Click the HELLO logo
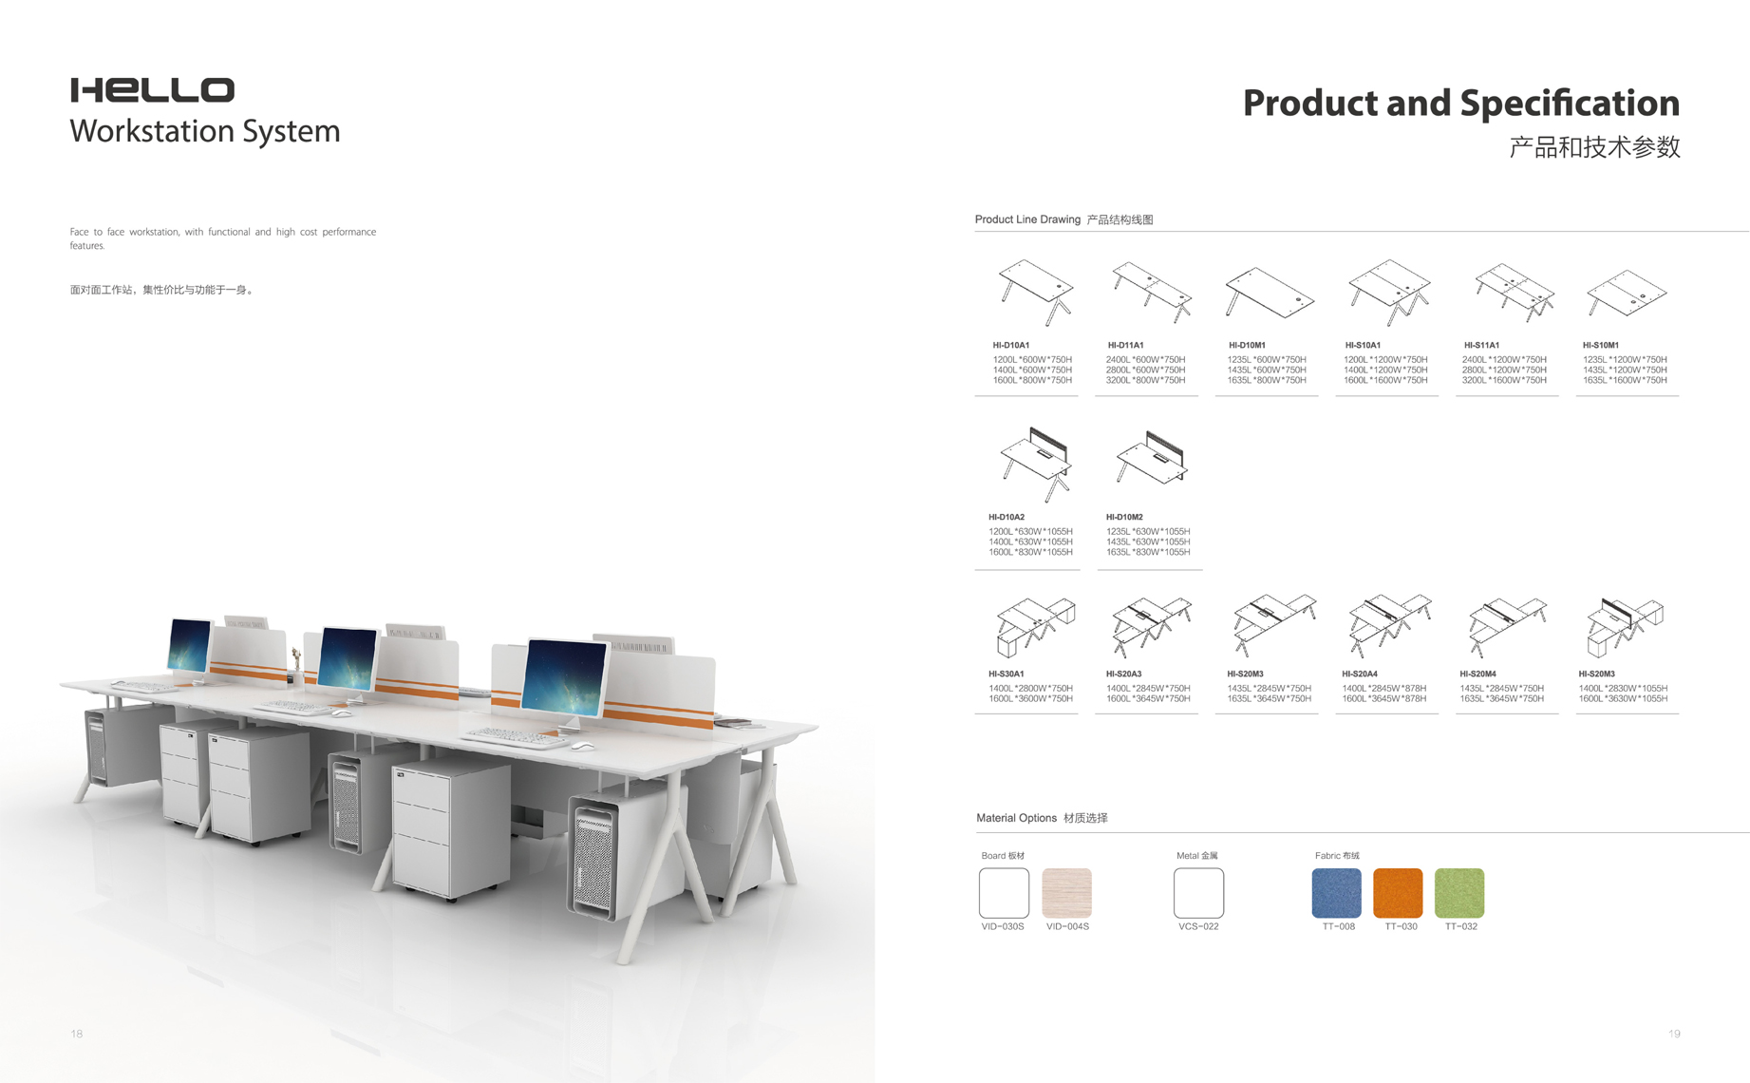[152, 90]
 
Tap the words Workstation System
[205, 131]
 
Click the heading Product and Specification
[1461, 103]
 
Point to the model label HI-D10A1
[1011, 346]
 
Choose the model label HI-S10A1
[1363, 346]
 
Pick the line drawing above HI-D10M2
[1152, 459]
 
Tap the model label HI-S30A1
[1007, 674]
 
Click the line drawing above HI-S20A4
[1389, 625]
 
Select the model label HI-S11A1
[1481, 346]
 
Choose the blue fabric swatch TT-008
[1337, 893]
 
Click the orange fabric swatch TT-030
[1398, 893]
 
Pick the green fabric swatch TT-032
[1459, 893]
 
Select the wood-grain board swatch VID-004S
[1066, 893]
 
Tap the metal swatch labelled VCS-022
[1198, 893]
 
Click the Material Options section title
[1042, 818]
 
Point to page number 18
[77, 1034]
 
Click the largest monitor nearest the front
[564, 677]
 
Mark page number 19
[1674, 1034]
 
